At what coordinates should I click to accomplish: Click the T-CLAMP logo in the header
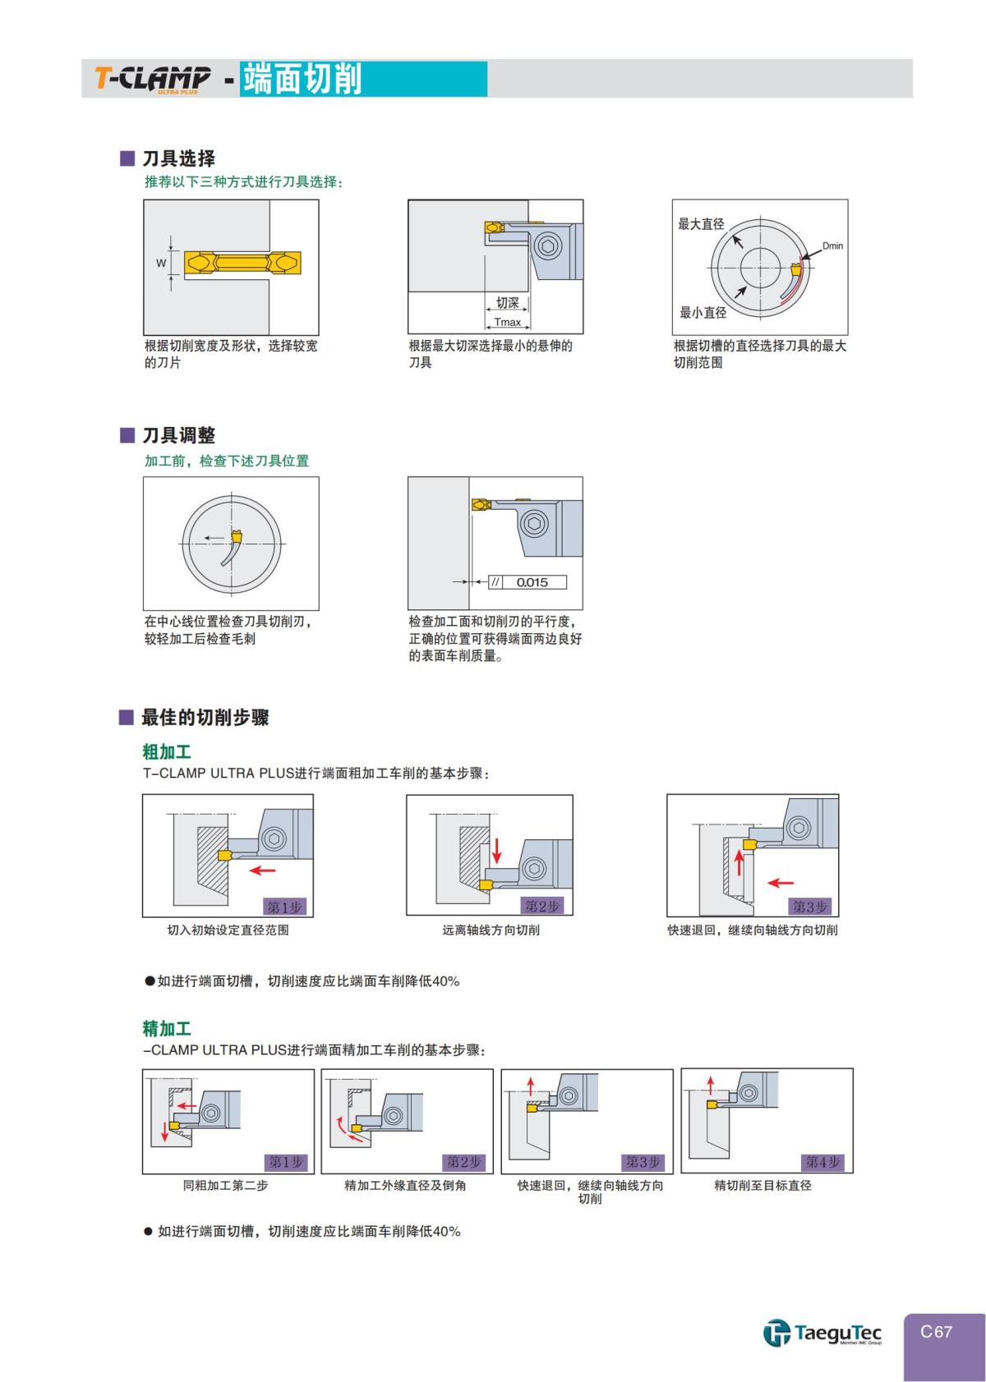point(153,79)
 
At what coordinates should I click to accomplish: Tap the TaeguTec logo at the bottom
point(822,1331)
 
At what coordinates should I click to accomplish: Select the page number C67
point(936,1332)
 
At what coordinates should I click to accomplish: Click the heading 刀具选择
point(178,158)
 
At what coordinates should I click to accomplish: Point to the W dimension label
point(161,264)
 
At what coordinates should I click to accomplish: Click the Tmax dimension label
point(507,322)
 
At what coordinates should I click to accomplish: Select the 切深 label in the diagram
point(508,303)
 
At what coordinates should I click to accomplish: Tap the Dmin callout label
point(832,246)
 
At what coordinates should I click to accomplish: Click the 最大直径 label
point(701,224)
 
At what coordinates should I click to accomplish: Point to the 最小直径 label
point(703,312)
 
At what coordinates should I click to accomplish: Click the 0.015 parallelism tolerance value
point(532,582)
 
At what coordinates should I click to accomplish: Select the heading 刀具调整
point(178,435)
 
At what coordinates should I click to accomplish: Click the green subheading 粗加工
point(167,751)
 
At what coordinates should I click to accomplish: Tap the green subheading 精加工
point(167,1028)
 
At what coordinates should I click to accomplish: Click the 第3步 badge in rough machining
point(810,907)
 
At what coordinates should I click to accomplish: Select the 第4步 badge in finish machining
point(822,1162)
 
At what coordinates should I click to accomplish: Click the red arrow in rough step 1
point(263,870)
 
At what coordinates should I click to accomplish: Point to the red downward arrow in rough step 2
point(496,852)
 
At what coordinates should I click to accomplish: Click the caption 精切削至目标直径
point(763,1186)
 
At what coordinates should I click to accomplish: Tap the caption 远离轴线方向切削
point(491,930)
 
